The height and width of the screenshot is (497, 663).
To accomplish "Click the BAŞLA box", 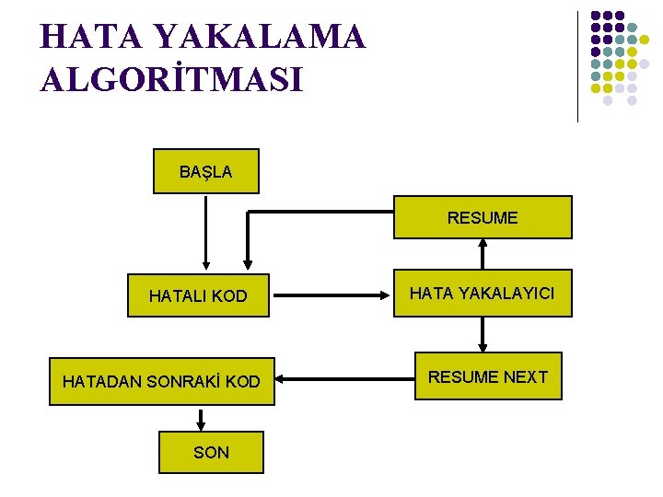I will (205, 171).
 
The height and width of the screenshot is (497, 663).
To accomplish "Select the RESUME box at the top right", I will (483, 218).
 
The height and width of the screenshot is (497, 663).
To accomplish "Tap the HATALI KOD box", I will (198, 295).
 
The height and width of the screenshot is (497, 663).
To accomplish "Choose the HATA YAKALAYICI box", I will (483, 294).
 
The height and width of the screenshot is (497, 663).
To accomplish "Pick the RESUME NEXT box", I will (488, 376).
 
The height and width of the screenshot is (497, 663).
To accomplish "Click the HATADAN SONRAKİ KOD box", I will (161, 381).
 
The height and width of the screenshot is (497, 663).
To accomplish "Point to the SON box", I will (212, 452).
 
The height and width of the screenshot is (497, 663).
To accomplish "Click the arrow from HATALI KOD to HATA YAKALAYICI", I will (333, 295).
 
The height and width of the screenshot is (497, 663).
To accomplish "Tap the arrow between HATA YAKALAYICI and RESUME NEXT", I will (483, 335).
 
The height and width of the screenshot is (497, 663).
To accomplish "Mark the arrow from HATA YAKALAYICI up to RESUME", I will (483, 254).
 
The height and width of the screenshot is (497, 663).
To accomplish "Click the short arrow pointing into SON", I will (201, 419).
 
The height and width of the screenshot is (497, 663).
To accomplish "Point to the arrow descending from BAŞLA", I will (205, 230).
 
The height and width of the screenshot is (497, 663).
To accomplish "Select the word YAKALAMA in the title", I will (261, 37).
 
